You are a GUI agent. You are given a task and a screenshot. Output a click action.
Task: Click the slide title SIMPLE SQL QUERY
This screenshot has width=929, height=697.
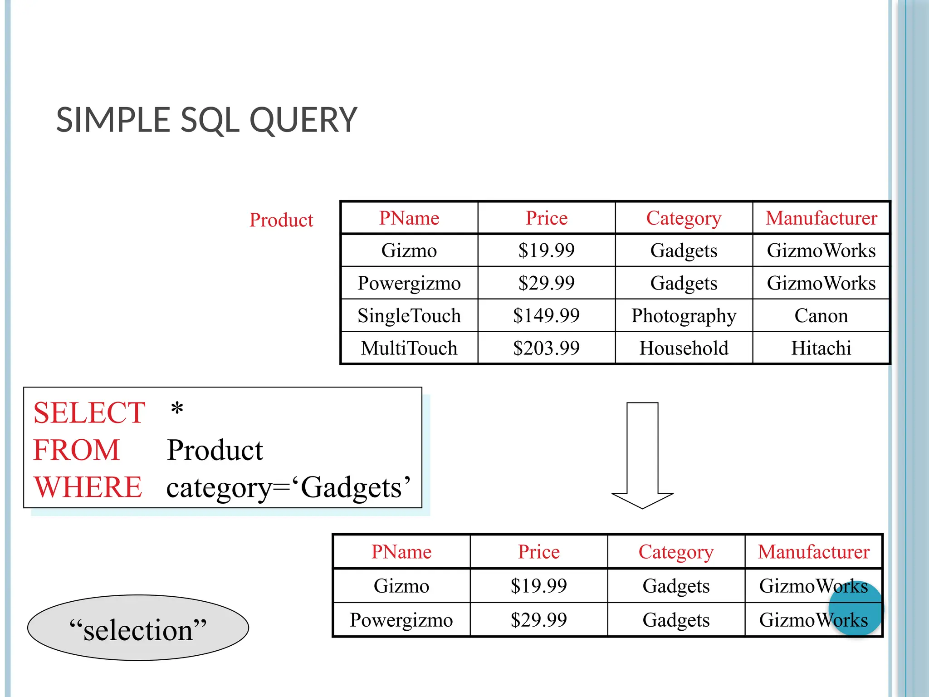point(206,120)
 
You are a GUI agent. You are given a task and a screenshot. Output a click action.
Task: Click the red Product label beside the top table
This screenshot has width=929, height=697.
point(281,220)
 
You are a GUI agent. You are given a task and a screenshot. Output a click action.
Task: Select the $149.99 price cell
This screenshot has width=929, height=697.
point(546,315)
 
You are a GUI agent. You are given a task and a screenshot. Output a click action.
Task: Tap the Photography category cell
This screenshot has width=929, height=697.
point(684,316)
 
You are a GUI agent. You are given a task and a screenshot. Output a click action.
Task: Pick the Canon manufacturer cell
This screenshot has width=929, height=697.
point(821,315)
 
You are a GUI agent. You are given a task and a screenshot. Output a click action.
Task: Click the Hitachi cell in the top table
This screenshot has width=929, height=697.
point(821,348)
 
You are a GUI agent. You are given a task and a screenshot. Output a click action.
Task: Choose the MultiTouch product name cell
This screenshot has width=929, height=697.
point(409,348)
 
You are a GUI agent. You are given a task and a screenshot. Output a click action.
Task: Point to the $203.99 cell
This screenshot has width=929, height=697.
point(546,348)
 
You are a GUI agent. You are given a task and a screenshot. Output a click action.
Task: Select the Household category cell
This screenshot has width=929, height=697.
point(684,348)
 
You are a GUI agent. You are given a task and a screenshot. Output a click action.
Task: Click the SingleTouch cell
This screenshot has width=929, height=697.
point(409,315)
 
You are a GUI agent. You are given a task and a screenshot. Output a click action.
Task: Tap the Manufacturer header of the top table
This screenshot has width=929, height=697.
point(821,218)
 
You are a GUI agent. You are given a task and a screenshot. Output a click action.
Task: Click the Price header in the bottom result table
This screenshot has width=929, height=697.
point(538,552)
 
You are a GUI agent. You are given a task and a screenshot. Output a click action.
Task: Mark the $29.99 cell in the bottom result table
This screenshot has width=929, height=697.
point(538,620)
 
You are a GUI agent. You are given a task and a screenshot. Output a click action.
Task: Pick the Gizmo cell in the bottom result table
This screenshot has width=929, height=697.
point(401,586)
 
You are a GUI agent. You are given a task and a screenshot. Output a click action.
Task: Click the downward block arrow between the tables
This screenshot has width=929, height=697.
point(642,454)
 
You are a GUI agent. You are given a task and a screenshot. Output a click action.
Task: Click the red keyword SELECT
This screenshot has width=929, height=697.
point(89,413)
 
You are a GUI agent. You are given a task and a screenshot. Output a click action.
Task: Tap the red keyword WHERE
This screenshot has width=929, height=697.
point(88,487)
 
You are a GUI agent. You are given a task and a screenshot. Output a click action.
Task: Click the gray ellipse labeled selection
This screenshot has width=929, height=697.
point(138,628)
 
